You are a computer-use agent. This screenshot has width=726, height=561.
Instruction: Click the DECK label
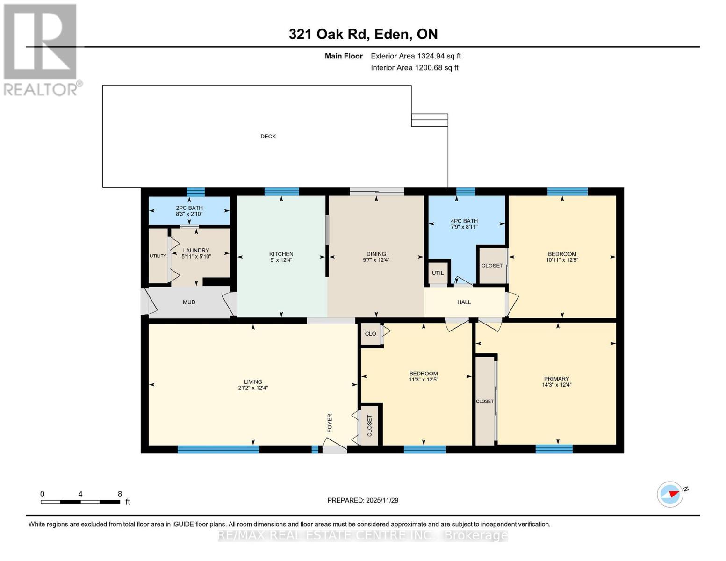pos(268,137)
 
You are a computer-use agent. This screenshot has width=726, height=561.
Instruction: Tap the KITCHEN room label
pos(281,254)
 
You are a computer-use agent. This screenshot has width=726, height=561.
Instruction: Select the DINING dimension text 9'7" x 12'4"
pos(376,260)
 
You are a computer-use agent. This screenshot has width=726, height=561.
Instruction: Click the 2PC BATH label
pos(189,208)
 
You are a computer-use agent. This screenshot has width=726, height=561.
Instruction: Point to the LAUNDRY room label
pos(196,251)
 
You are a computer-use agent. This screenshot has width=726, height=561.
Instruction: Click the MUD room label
pos(189,302)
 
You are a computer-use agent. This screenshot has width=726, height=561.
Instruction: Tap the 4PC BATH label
pos(464,221)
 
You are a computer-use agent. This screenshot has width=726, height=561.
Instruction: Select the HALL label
pos(464,302)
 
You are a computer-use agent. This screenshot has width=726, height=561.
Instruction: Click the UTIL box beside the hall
pos(438,273)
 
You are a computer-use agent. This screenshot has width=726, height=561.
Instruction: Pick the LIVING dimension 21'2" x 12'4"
pos(253,388)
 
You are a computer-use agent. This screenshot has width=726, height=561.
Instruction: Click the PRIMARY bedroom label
pos(556,379)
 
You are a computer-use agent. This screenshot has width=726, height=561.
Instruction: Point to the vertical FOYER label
pos(330,423)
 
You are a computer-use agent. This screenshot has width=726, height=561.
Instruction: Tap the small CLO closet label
pos(370,334)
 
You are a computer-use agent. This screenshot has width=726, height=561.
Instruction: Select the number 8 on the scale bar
pos(120,494)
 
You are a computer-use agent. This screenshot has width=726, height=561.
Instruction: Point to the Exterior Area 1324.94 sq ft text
pos(416,56)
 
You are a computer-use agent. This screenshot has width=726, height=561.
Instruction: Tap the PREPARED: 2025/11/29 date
pos(363,500)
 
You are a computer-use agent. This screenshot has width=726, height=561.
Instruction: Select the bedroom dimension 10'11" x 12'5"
pos(562,260)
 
